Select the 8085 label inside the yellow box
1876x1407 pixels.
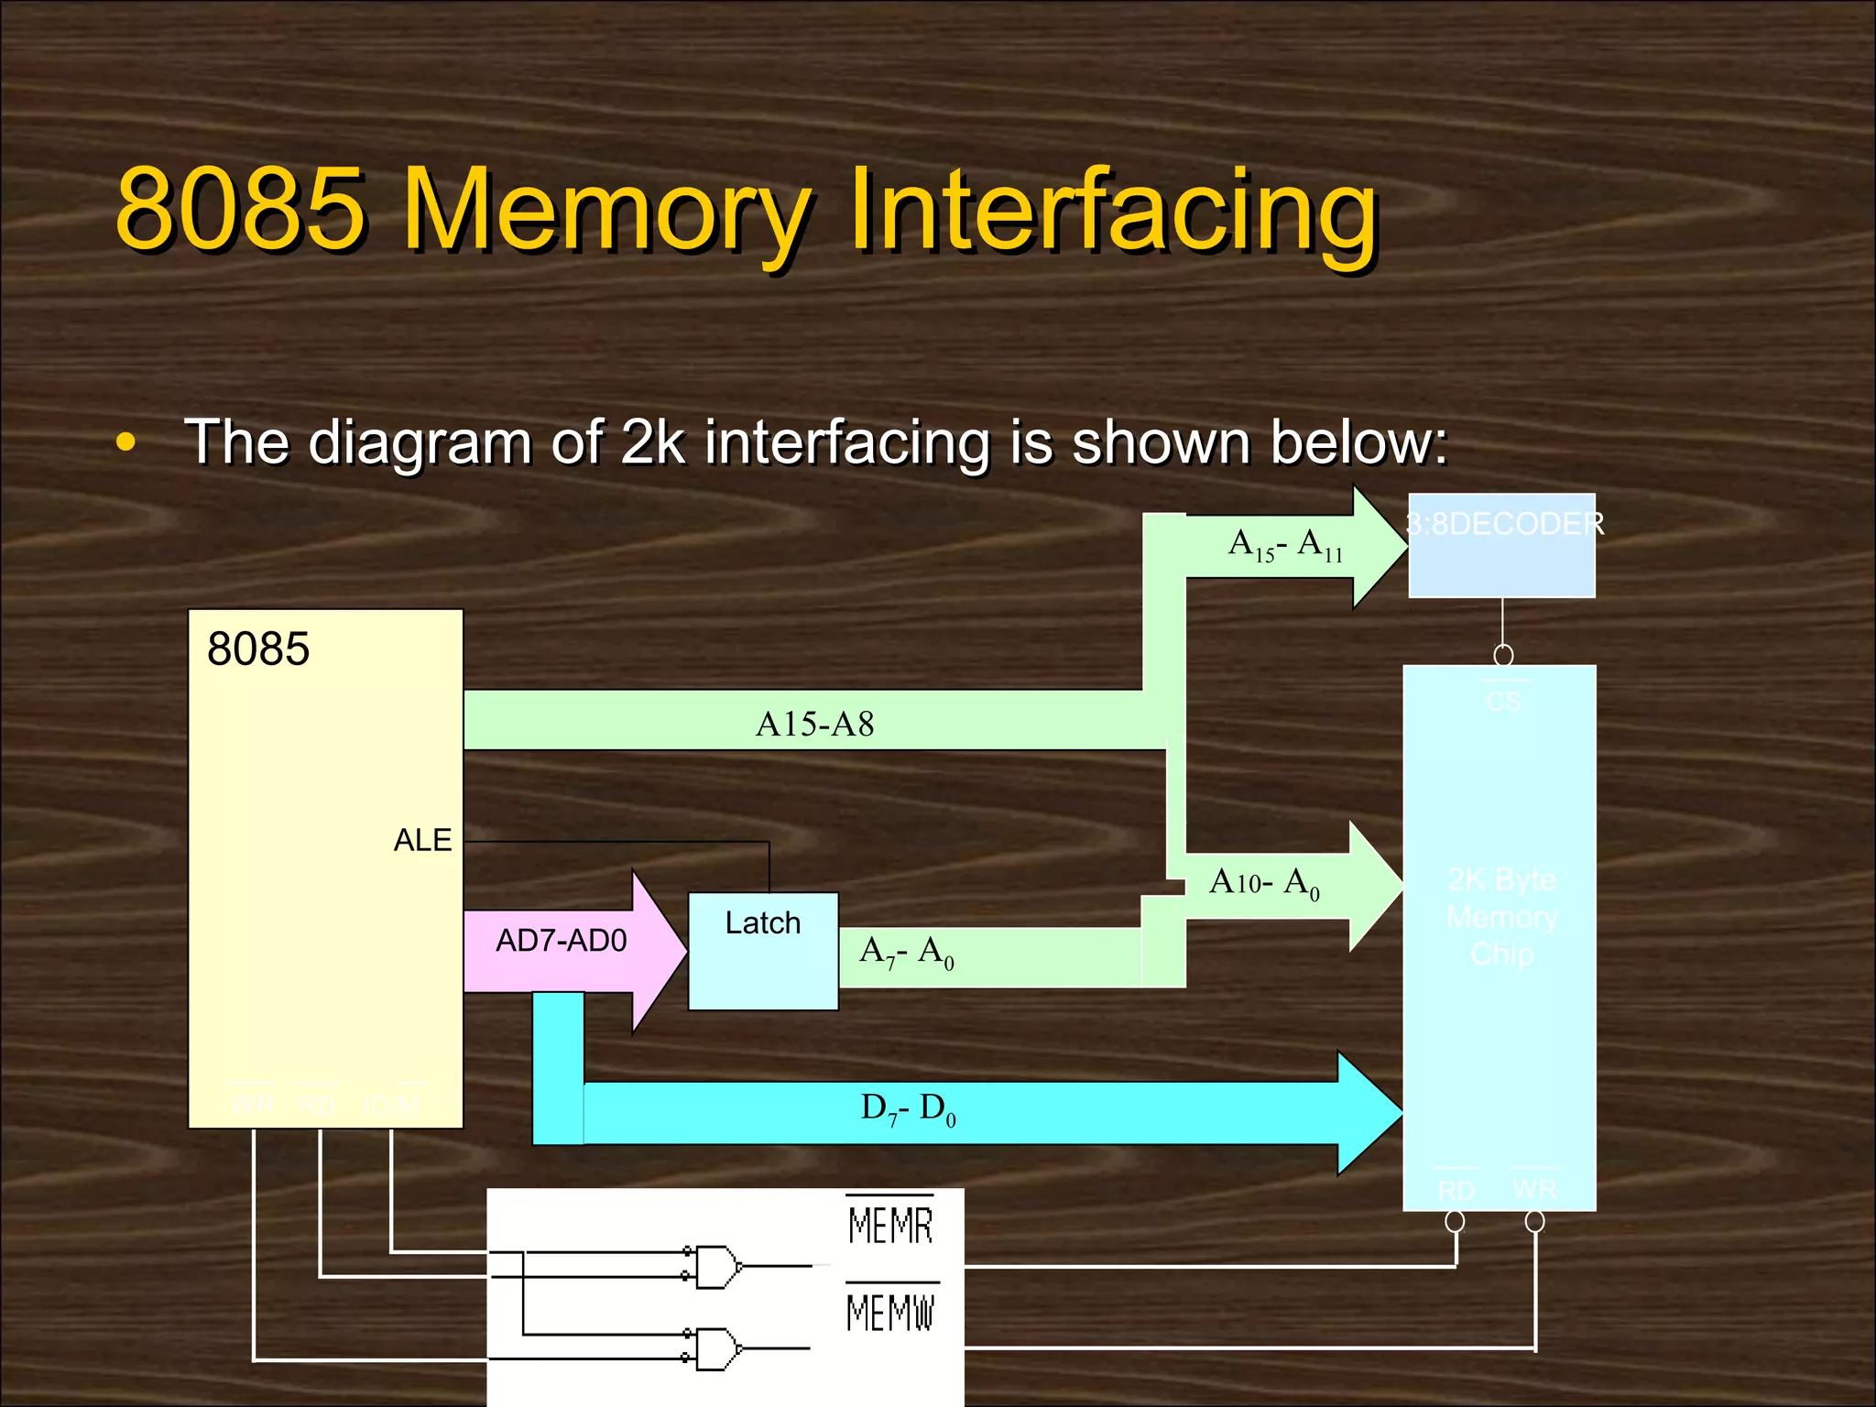click(258, 649)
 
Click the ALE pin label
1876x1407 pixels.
click(422, 840)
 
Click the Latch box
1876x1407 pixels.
click(763, 951)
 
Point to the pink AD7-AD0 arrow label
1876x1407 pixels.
click(561, 941)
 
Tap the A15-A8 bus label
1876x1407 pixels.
click(814, 725)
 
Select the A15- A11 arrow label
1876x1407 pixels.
click(1285, 546)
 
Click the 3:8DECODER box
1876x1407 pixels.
click(1501, 546)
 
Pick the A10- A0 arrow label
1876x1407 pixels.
click(1264, 883)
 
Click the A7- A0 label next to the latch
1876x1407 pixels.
click(906, 953)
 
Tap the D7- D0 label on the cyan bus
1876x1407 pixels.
click(908, 1109)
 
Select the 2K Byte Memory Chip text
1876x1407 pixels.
click(1501, 917)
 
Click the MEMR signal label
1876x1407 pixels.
click(889, 1226)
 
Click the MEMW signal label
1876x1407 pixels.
click(889, 1312)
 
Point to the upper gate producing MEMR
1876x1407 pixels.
click(717, 1267)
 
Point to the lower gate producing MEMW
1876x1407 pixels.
click(717, 1348)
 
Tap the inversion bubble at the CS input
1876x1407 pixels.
click(1503, 656)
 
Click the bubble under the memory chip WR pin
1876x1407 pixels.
click(1535, 1222)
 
